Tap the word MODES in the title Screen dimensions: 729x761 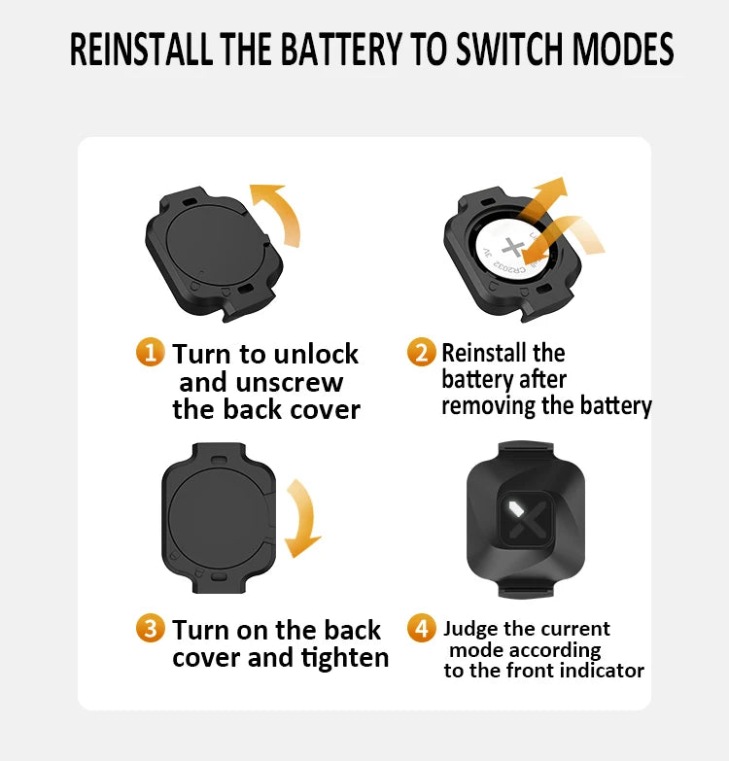(x=623, y=49)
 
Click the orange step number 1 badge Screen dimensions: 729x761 (x=150, y=352)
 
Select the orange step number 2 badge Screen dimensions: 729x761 (x=421, y=352)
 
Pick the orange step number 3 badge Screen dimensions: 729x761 (x=150, y=629)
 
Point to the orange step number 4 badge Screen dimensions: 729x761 (x=421, y=629)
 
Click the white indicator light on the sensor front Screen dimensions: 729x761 (x=514, y=509)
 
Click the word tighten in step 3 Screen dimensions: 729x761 (x=345, y=659)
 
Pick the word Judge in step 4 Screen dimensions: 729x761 (x=470, y=630)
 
